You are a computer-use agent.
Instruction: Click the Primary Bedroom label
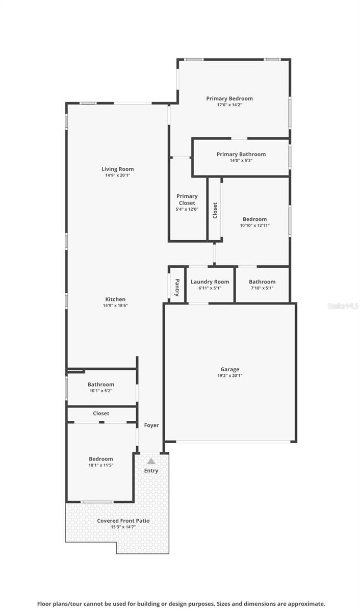point(229,98)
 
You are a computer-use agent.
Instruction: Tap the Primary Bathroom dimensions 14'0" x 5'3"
point(241,161)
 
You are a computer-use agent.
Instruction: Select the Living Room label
point(117,169)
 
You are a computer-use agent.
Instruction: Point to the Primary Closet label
point(187,199)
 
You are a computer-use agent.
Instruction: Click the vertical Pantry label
point(177,287)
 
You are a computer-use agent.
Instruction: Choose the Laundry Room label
point(210,282)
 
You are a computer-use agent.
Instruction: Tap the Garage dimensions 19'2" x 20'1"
point(229,376)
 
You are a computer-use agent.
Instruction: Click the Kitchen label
point(115,299)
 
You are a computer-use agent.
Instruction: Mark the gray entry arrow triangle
point(151,461)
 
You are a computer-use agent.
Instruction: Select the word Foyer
point(151,425)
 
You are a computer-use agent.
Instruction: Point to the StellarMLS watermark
point(343,306)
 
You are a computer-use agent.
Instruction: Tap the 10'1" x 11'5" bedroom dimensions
point(101,465)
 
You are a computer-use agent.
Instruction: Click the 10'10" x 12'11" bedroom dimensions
point(254,225)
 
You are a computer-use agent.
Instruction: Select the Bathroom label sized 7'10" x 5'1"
point(262,282)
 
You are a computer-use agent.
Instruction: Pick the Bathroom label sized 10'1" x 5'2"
point(101,385)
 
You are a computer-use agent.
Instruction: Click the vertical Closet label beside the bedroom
point(215,210)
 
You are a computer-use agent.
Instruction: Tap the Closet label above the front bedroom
point(101,414)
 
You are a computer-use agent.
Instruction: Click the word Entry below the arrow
point(151,471)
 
